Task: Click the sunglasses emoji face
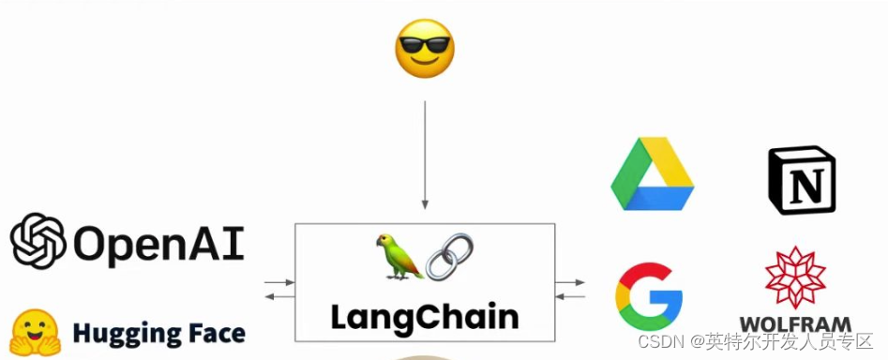point(425,49)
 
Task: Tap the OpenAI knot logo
point(38,241)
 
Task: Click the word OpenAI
point(158,243)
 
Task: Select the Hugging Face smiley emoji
point(36,333)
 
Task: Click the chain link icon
point(450,256)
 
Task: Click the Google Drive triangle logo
point(653,174)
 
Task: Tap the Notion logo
point(801,181)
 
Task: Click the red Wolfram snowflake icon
point(795,277)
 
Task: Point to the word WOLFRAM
point(795,324)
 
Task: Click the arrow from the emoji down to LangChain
point(425,155)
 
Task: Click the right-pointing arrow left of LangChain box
point(278,280)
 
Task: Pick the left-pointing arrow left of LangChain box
point(278,296)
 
